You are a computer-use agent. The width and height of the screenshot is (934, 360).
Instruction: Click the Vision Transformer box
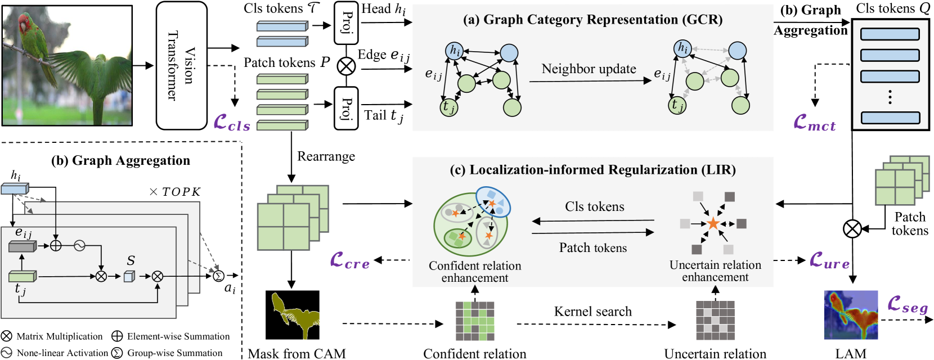click(x=182, y=65)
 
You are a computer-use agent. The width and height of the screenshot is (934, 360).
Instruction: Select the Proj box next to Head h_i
click(x=345, y=22)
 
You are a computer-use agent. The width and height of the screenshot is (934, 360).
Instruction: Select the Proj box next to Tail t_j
click(x=345, y=109)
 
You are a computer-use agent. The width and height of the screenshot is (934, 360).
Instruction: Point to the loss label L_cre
click(x=350, y=261)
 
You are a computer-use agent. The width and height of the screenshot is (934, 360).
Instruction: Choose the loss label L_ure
click(x=829, y=261)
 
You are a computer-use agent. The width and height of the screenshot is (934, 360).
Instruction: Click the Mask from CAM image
click(x=292, y=315)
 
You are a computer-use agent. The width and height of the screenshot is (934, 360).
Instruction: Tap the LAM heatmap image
click(x=851, y=315)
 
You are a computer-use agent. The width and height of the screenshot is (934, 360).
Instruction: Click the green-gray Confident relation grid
click(x=475, y=321)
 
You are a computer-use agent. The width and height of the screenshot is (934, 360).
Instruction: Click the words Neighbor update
click(x=589, y=69)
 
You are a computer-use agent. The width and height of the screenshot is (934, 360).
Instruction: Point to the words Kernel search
click(x=592, y=311)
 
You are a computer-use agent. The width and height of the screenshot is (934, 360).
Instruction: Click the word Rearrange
click(x=326, y=156)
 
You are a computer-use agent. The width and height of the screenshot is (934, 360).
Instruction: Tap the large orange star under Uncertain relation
click(x=713, y=224)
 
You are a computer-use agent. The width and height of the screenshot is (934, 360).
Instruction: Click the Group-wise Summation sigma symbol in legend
click(x=117, y=353)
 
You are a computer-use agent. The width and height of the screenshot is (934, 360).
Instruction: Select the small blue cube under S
click(x=129, y=276)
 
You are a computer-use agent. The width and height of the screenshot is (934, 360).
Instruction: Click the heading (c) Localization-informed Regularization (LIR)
click(x=592, y=170)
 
